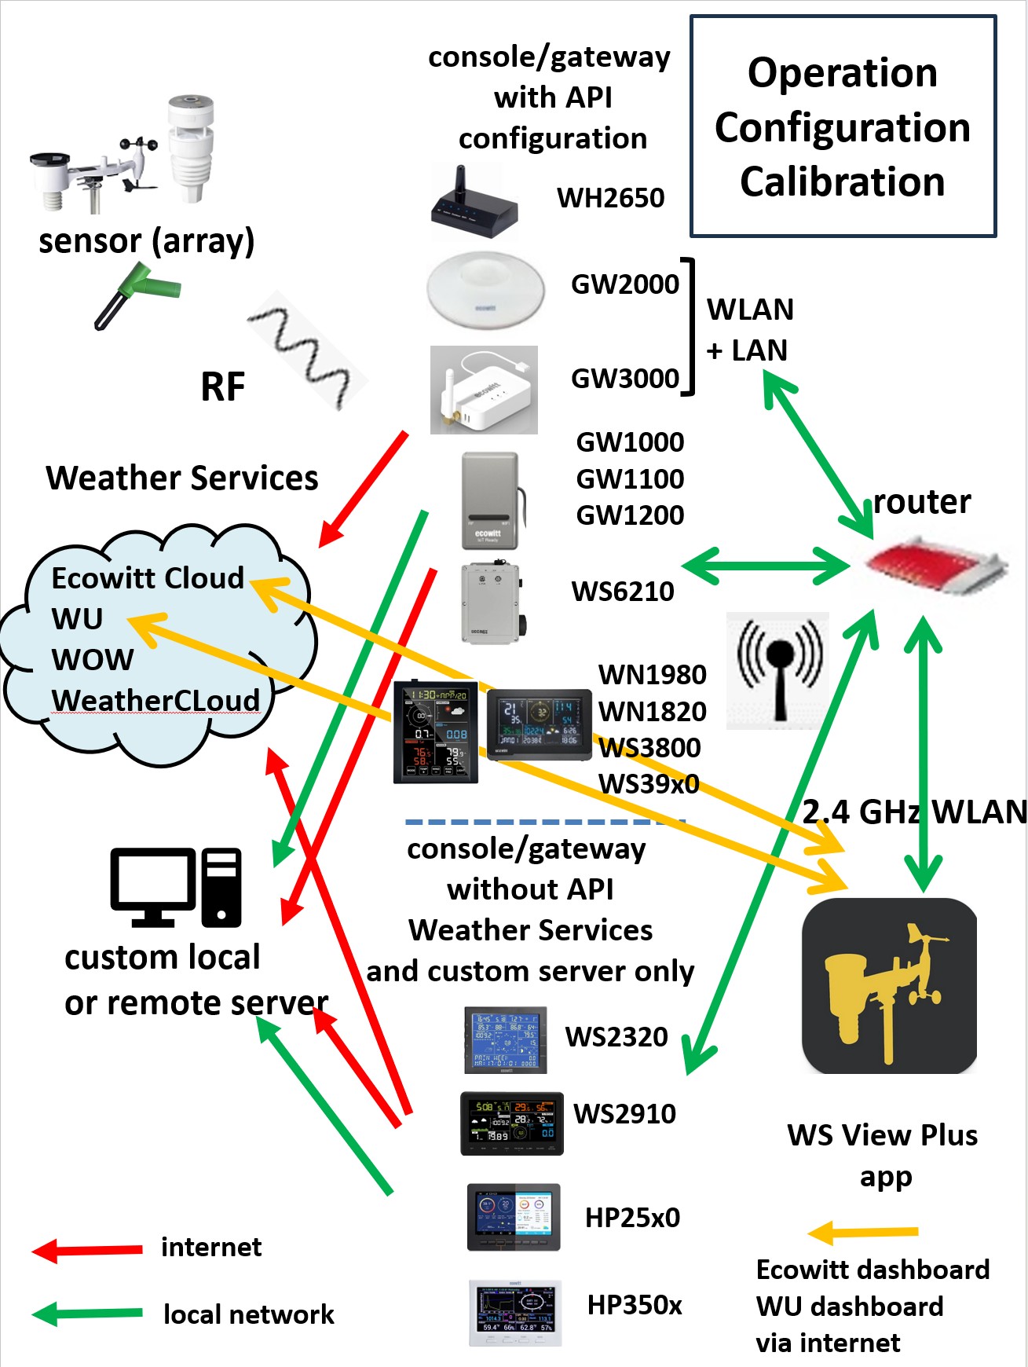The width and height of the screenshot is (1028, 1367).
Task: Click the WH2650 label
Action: pos(610,198)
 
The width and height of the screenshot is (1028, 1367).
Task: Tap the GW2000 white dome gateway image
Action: pos(485,288)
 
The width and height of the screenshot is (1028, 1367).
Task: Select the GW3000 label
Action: pos(624,379)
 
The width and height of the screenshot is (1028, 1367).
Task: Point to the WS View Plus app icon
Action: pos(889,986)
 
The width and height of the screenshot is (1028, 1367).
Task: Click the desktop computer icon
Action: pos(176,888)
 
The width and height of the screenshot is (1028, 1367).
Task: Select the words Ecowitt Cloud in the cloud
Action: pos(148,578)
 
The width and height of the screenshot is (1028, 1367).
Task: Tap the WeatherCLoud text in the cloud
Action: pos(155,700)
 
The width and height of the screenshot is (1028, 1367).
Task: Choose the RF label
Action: pos(223,387)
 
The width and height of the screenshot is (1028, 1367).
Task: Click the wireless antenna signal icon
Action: pos(778,669)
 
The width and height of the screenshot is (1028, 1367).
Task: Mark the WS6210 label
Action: pos(623,592)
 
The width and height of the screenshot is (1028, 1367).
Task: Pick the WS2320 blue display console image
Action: pos(505,1040)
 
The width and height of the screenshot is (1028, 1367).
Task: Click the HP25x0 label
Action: pos(632,1218)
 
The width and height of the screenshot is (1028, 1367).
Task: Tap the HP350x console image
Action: pos(515,1313)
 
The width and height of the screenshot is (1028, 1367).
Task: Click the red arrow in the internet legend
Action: pos(87,1249)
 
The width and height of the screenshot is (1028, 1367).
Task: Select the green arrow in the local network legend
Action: pos(87,1314)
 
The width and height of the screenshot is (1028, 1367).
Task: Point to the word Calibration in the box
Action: pos(842,182)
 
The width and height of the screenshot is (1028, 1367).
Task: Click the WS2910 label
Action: pos(624,1114)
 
